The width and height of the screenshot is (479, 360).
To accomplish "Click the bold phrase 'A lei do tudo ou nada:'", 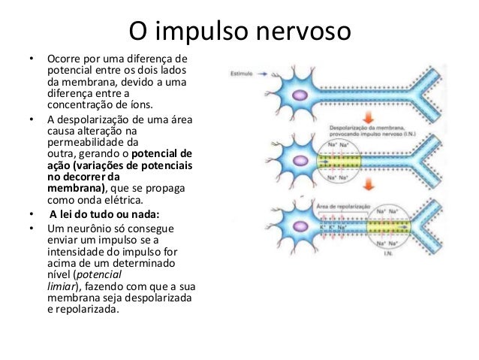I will tap(100, 212).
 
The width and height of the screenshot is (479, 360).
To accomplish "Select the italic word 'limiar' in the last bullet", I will tap(65, 286).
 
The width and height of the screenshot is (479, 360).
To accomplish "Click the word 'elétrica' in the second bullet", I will tap(124, 200).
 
